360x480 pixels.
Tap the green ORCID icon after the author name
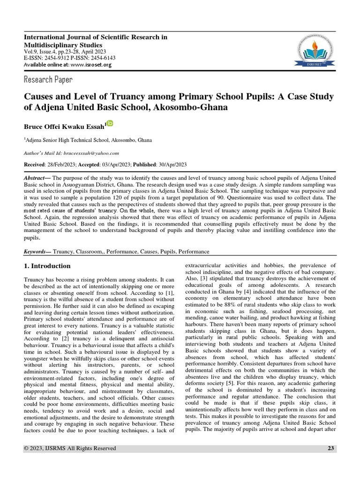point(110,123)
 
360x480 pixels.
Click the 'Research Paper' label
point(48,79)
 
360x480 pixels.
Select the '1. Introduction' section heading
point(47,266)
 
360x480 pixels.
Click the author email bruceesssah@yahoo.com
point(97,153)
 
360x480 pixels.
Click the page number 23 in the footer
point(330,449)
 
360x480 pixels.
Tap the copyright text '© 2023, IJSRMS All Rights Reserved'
point(70,449)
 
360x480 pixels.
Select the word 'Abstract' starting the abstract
point(35,180)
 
